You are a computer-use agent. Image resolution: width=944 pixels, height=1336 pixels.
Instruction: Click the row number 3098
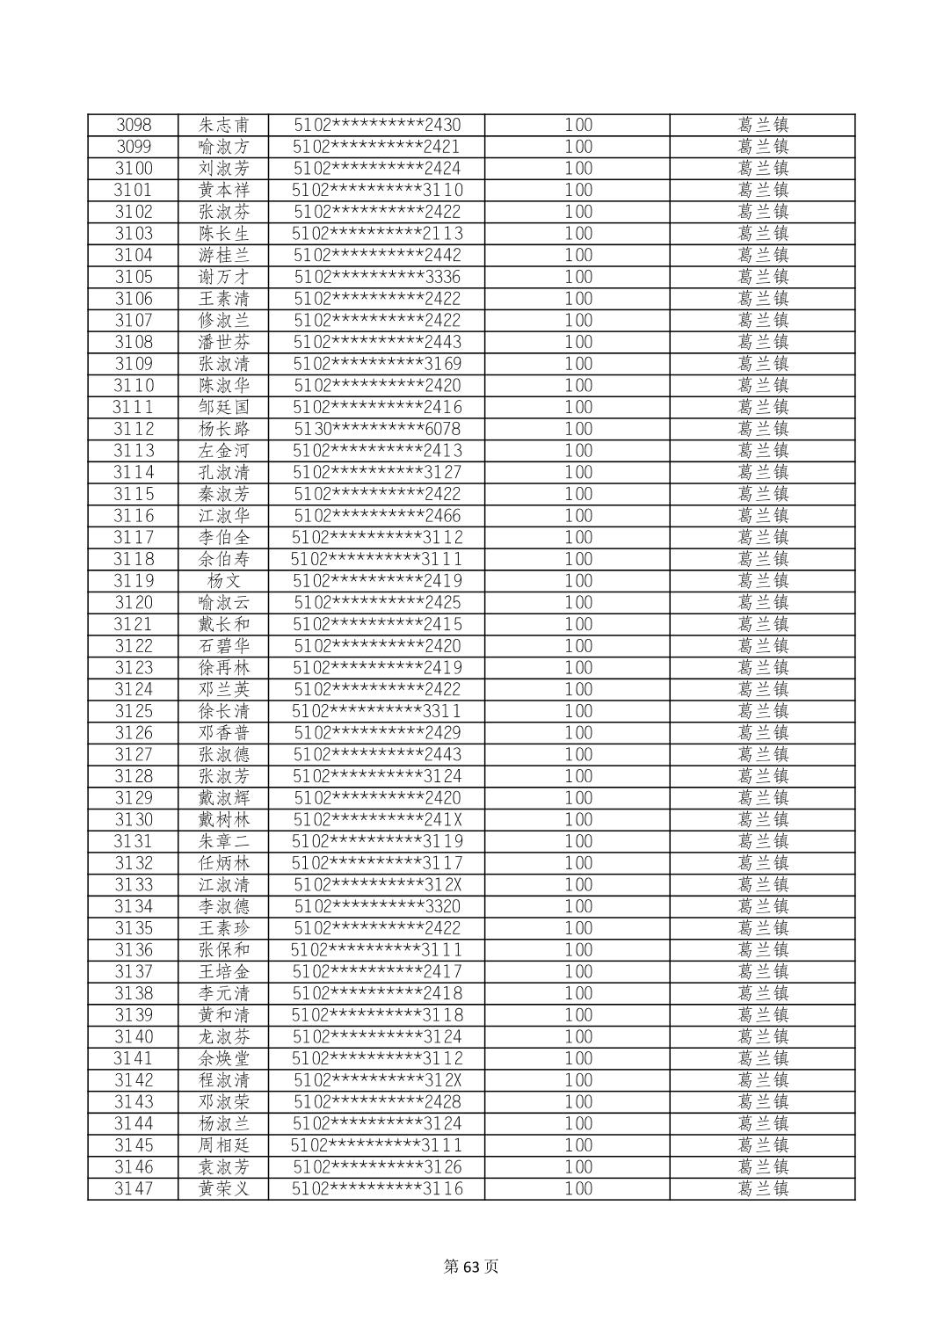click(x=134, y=125)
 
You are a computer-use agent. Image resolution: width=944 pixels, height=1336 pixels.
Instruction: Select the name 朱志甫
click(x=224, y=125)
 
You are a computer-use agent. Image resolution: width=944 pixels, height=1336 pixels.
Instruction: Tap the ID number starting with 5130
click(x=377, y=429)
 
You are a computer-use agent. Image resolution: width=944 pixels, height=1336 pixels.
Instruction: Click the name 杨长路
click(x=224, y=429)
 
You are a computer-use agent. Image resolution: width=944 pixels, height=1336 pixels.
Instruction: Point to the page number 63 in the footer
click(x=472, y=1267)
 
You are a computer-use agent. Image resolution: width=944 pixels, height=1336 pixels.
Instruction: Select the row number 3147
click(x=134, y=1188)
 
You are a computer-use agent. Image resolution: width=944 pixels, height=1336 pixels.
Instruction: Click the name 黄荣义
click(x=224, y=1188)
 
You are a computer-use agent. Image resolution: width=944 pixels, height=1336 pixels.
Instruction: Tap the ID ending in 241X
click(x=377, y=819)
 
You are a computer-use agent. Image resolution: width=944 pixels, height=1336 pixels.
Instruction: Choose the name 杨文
click(x=224, y=581)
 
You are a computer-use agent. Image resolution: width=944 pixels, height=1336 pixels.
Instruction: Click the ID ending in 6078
click(x=377, y=429)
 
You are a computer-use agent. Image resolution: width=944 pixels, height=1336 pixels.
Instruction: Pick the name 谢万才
click(x=224, y=277)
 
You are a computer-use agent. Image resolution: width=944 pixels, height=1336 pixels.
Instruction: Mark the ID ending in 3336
click(x=377, y=277)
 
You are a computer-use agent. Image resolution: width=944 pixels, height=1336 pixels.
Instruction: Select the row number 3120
click(x=134, y=602)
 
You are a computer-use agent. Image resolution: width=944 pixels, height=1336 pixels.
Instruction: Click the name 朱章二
click(x=224, y=841)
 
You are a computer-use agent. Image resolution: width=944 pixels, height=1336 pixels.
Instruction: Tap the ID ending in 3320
click(x=377, y=906)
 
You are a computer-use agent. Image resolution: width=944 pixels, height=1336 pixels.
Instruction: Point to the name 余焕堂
click(x=224, y=1058)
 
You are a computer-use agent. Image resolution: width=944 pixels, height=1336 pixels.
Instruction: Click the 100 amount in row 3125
click(x=578, y=711)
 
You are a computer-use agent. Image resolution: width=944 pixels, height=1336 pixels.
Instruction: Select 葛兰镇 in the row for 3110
click(x=763, y=385)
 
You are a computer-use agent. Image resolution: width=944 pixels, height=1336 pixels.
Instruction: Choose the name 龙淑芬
click(x=224, y=1036)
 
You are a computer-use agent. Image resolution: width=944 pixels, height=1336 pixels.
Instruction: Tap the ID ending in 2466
click(x=377, y=515)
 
